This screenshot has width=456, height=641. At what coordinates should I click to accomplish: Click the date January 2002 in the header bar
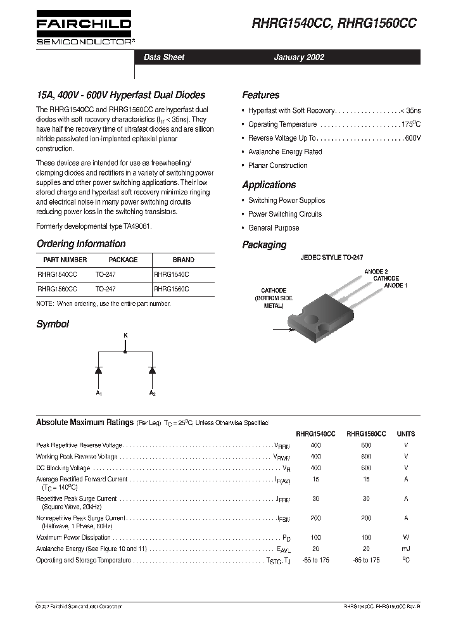[x=298, y=57]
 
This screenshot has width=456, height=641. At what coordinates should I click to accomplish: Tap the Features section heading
[x=260, y=95]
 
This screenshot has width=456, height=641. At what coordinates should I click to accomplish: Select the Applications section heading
[x=269, y=185]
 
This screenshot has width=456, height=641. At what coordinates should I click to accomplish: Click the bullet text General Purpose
[x=274, y=228]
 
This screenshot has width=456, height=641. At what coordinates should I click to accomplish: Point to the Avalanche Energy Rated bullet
[x=285, y=152]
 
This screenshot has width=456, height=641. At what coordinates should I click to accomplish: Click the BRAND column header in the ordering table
[x=184, y=260]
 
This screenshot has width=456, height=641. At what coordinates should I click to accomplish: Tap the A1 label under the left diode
[x=99, y=393]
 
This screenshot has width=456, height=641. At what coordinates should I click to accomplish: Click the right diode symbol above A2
[x=152, y=369]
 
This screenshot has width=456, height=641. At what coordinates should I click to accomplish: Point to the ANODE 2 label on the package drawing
[x=376, y=271]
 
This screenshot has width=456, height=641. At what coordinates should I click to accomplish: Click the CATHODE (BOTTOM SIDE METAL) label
[x=274, y=298]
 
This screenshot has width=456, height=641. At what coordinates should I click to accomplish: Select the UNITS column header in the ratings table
[x=405, y=434]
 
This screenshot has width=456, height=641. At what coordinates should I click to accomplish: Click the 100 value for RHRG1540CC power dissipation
[x=315, y=537]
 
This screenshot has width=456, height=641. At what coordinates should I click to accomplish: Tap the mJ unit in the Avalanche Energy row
[x=405, y=549]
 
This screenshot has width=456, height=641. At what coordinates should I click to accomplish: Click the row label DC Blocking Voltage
[x=63, y=467]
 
